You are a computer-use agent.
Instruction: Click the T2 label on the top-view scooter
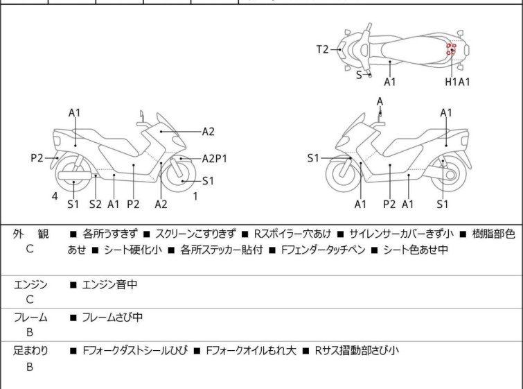tap(322, 49)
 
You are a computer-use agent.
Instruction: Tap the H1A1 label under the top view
tap(458, 82)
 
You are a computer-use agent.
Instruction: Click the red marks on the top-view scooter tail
tap(451, 49)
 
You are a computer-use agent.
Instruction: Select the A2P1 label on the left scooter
tap(215, 159)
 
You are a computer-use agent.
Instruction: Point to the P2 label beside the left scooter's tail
tap(37, 158)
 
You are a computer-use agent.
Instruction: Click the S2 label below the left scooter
tap(96, 204)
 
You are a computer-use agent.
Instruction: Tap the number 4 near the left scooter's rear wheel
tap(55, 196)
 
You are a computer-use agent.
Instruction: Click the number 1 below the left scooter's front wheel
tap(195, 196)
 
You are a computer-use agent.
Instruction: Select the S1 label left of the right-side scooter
tap(314, 159)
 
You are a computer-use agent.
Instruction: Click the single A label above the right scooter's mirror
tap(380, 101)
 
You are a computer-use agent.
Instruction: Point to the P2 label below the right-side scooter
tap(389, 204)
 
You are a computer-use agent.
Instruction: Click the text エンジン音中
tap(113, 284)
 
